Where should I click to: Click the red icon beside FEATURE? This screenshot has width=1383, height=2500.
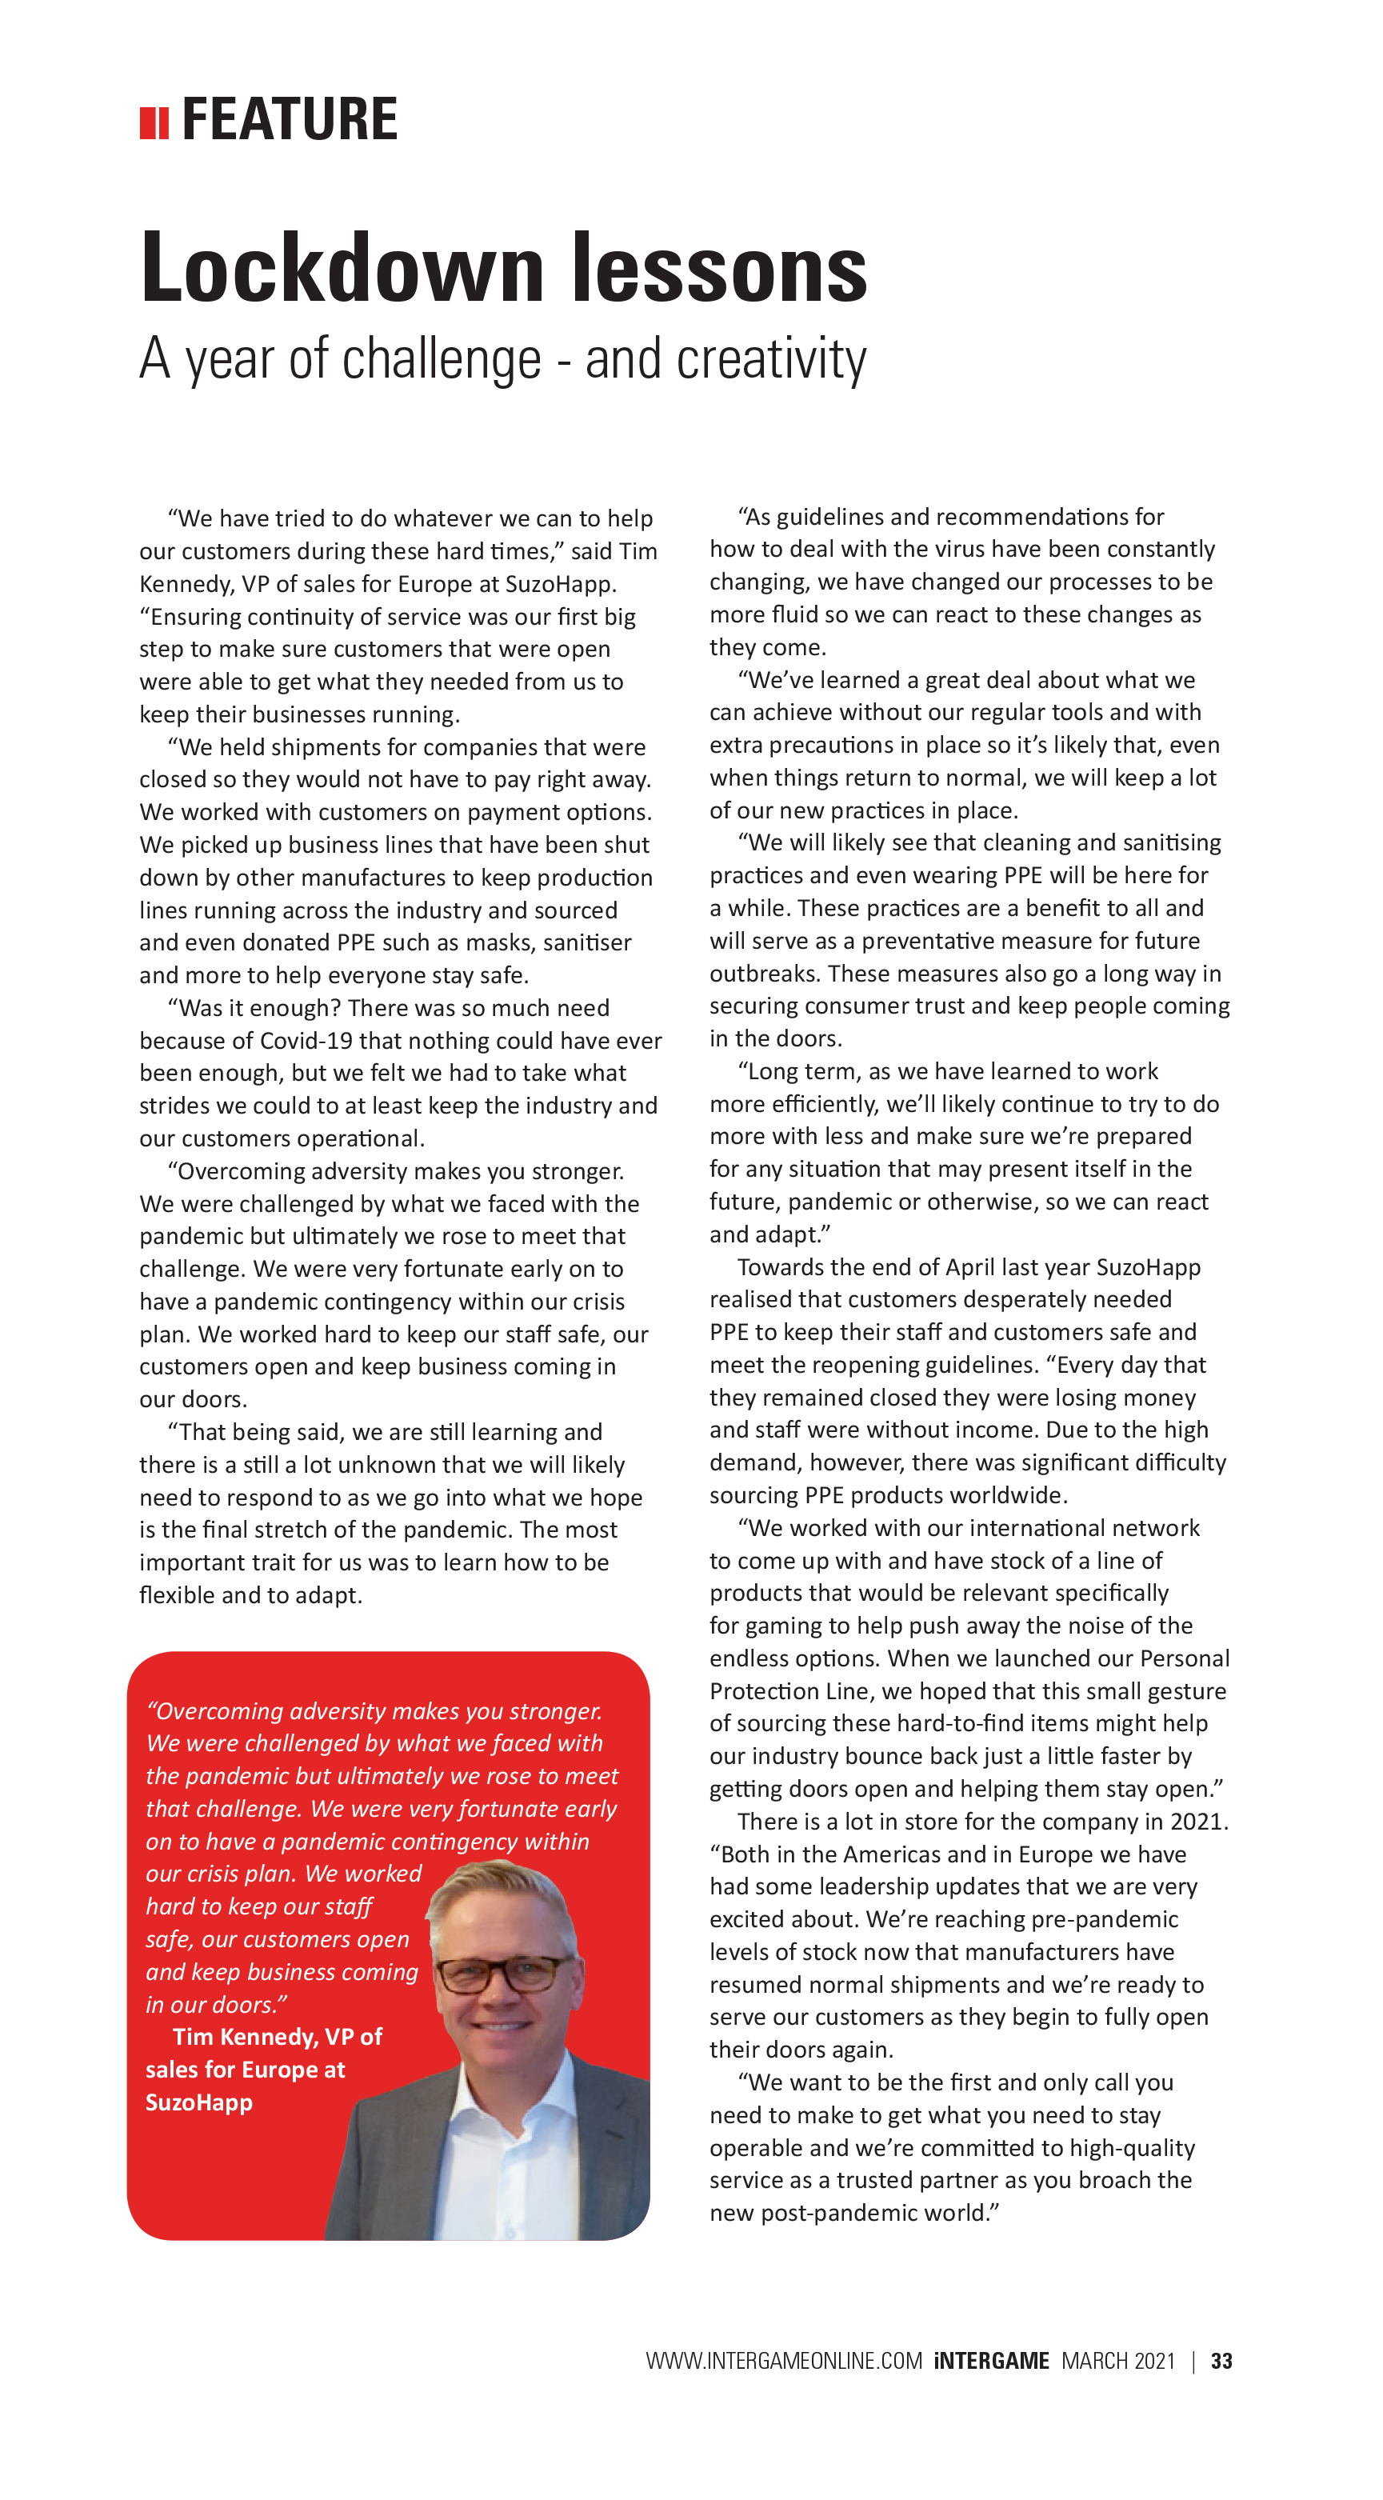click(x=154, y=123)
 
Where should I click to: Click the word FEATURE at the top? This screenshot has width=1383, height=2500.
click(x=290, y=119)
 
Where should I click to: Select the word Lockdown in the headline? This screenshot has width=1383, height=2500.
click(x=342, y=269)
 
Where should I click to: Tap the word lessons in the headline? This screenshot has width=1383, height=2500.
click(x=719, y=269)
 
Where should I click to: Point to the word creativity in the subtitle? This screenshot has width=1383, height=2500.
click(x=770, y=359)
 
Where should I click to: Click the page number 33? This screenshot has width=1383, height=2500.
click(x=1221, y=2360)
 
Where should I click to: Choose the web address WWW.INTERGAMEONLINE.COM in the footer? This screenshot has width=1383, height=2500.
click(x=783, y=2360)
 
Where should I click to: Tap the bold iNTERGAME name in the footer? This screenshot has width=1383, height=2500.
click(x=991, y=2360)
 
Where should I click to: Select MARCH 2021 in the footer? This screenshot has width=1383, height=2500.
click(x=1118, y=2360)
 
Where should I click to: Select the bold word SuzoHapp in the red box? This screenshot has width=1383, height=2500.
click(x=199, y=2103)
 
